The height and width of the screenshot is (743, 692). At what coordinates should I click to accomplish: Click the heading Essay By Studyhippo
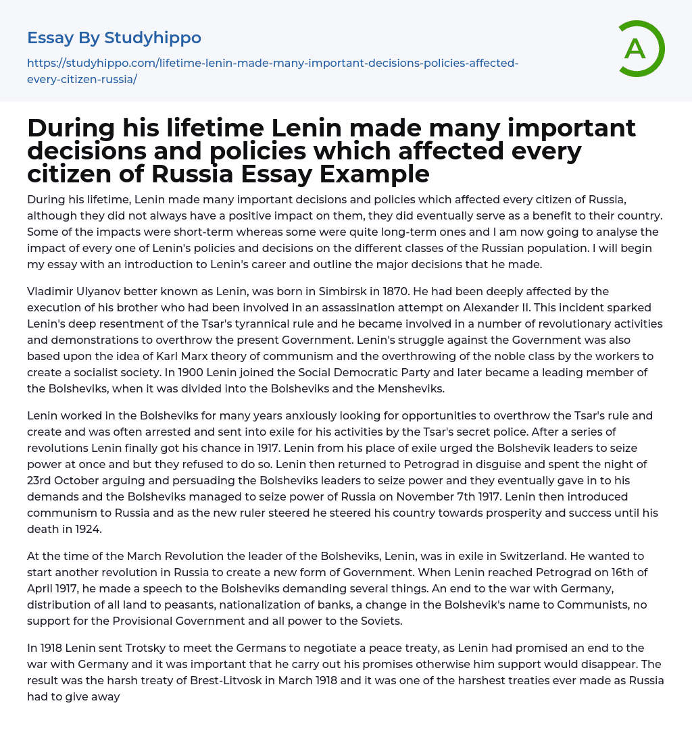coord(114,38)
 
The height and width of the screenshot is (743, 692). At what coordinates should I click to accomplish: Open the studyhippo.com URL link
coord(272,71)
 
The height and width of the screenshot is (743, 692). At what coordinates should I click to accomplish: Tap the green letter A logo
coord(636,49)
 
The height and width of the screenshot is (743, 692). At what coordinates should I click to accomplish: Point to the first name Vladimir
coord(52,291)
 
